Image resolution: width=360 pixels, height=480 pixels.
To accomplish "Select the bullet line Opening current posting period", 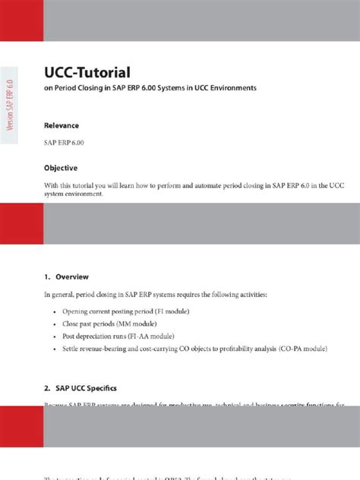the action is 125,312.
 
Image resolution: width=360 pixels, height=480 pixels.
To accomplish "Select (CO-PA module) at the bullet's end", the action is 300,349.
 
